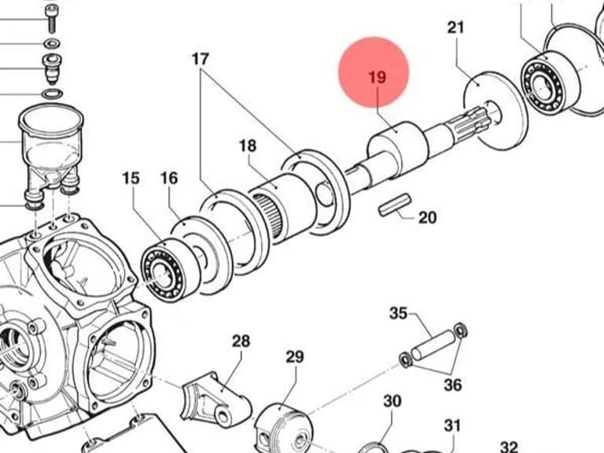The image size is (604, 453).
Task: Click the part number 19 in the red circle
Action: (x=377, y=77)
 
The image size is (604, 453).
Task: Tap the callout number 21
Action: (x=455, y=28)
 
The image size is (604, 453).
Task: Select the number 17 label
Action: (x=201, y=59)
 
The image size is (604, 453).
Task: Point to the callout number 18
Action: (x=247, y=146)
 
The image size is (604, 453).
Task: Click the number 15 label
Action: (x=131, y=179)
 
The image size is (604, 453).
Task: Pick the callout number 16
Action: (x=169, y=179)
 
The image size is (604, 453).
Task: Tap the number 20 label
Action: (x=428, y=218)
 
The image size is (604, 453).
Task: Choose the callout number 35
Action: (x=398, y=313)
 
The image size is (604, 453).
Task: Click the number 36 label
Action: (x=453, y=385)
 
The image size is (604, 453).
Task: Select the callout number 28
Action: (x=241, y=341)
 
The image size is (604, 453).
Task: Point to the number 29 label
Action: (x=295, y=357)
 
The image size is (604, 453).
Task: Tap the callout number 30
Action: (x=392, y=401)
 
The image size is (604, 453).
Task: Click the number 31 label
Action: (x=452, y=426)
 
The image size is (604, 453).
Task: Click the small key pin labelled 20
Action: (x=395, y=205)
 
